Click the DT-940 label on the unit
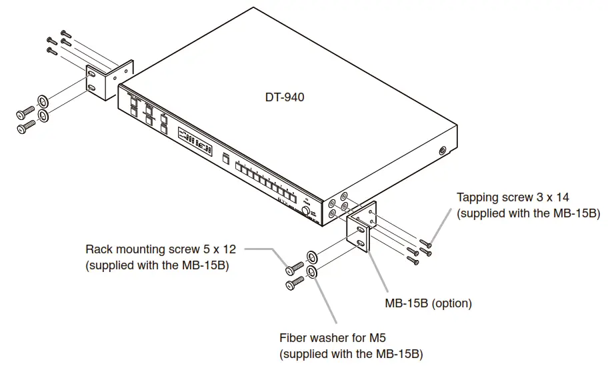(285, 97)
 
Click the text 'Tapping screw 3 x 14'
(513, 198)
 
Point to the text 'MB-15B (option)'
(428, 303)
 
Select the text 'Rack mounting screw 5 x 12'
(161, 249)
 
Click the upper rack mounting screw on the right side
(291, 270)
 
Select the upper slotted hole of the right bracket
(361, 229)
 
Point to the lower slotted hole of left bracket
(91, 87)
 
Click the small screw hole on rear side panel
(443, 151)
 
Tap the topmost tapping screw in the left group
(65, 32)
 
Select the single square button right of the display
(226, 158)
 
